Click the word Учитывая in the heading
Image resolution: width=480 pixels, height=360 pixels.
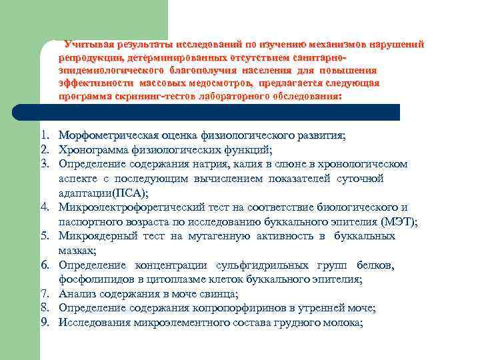pyautogui.click(x=89, y=45)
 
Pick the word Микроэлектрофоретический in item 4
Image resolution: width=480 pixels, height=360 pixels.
pyautogui.click(x=125, y=207)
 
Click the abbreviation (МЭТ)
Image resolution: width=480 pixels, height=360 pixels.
pyautogui.click(x=397, y=221)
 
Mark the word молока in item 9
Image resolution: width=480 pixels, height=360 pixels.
pyautogui.click(x=342, y=323)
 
